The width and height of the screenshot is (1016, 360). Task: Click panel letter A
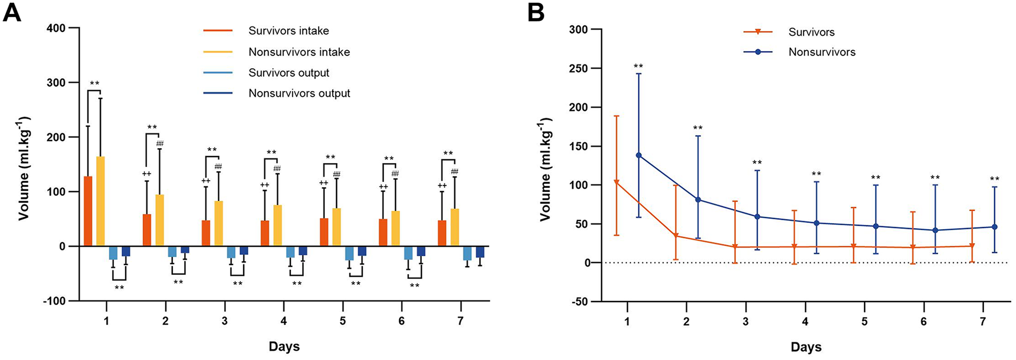[12, 12]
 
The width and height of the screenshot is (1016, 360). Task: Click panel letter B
[536, 12]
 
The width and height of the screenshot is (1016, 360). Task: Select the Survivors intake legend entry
[288, 31]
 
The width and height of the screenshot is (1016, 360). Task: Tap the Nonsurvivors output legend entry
[299, 93]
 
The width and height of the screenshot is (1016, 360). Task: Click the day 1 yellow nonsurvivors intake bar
[100, 201]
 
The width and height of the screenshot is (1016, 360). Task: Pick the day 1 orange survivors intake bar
[88, 211]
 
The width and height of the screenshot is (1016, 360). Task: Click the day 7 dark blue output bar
[480, 252]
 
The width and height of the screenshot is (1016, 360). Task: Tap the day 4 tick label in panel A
[283, 321]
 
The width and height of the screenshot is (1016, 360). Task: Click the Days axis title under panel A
[284, 347]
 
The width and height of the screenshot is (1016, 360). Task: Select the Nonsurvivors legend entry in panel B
[821, 52]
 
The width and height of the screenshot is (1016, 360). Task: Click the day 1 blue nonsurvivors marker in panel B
[639, 155]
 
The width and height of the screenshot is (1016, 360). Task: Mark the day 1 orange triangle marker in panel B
[617, 183]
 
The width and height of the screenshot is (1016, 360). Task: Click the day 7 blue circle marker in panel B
[994, 227]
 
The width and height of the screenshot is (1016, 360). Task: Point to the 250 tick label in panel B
[578, 69]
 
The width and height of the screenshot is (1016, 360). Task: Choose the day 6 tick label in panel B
[924, 321]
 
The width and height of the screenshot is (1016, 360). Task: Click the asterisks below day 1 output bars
[119, 288]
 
